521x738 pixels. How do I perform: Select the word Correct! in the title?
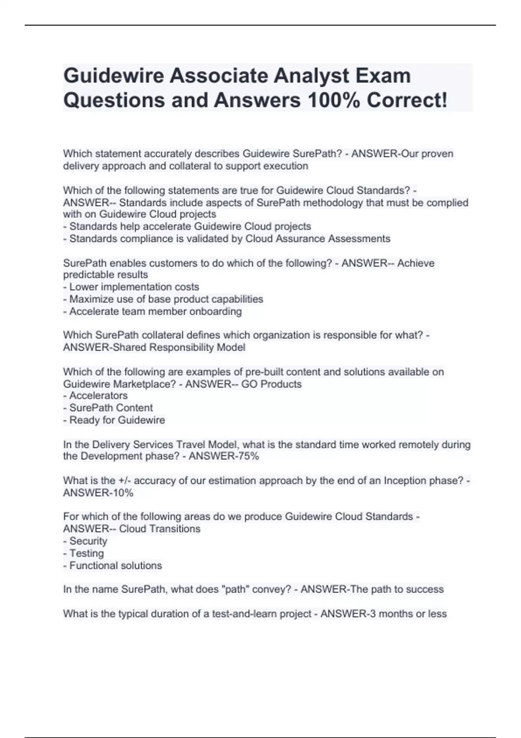[x=407, y=100]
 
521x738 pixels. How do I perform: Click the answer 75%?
[x=249, y=456]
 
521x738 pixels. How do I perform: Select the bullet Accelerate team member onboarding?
[x=155, y=311]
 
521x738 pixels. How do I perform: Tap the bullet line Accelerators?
[x=98, y=395]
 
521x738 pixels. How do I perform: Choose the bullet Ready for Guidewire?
[x=117, y=420]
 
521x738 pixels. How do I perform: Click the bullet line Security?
[x=88, y=541]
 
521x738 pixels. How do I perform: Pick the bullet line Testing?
[x=86, y=553]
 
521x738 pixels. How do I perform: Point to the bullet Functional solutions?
[x=115, y=565]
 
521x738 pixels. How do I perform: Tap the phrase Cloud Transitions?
[x=160, y=529]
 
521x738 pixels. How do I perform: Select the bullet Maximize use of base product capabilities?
[x=166, y=299]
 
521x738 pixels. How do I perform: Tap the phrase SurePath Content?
[x=111, y=408]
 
